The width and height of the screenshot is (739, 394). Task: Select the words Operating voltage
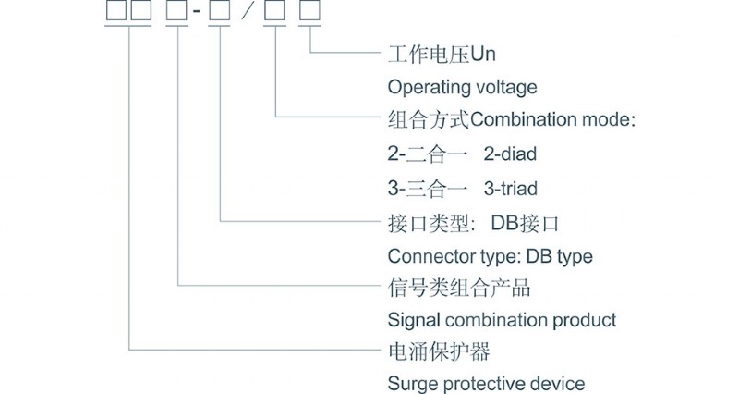click(x=461, y=89)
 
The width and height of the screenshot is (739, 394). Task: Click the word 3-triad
click(x=513, y=189)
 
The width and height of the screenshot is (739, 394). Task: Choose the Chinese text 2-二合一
click(x=428, y=154)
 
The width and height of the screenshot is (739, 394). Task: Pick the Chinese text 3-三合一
click(x=428, y=189)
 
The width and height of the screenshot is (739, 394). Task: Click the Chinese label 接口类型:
click(x=430, y=223)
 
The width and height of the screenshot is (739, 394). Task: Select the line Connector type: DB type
click(x=490, y=256)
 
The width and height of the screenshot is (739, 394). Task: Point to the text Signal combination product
click(x=502, y=321)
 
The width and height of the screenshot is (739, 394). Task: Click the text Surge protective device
click(x=486, y=384)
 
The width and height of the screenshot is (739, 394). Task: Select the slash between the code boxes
click(x=247, y=14)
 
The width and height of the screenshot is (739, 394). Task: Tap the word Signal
click(x=413, y=321)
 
